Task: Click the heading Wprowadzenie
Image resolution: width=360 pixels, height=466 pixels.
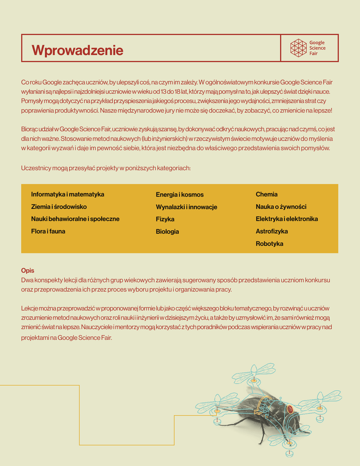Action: tap(77, 50)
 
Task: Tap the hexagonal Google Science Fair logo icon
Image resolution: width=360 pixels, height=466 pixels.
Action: tap(299, 48)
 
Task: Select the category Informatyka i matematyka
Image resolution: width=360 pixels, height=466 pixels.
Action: tap(67, 194)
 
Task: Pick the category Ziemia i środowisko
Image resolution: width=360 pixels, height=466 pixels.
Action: tap(59, 207)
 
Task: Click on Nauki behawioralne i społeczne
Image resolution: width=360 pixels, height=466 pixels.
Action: tap(75, 219)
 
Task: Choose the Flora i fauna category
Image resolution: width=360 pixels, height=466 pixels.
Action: tap(48, 231)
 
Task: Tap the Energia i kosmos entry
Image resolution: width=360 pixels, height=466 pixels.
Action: tap(179, 195)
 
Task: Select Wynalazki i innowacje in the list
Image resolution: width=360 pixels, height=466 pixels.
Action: tap(186, 207)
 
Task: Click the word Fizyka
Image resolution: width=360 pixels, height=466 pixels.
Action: tap(165, 219)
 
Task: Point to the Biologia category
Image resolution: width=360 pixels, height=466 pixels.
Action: tap(167, 232)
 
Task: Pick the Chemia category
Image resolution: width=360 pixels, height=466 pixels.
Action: tap(266, 194)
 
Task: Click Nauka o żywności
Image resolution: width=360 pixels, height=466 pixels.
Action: tap(281, 207)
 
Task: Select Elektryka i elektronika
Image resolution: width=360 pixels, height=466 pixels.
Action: tap(287, 219)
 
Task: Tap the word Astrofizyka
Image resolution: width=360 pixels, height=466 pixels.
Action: tap(272, 231)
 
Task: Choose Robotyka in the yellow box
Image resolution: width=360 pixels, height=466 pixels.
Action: tap(269, 243)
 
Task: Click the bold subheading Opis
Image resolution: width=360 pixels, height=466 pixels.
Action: tap(27, 270)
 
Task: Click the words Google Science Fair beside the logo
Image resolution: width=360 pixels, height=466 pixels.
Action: tap(317, 48)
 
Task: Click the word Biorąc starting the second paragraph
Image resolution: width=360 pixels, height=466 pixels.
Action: tap(30, 129)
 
